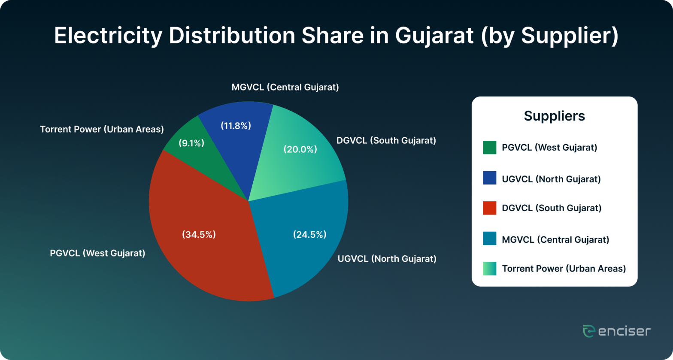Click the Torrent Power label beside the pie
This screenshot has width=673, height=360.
[102, 129]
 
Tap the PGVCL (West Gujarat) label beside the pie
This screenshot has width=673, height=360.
[97, 253]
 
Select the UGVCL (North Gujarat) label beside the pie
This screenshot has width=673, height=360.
[387, 259]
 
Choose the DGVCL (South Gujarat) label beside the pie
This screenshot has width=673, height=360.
[386, 140]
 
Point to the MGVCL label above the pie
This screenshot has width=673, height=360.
[285, 88]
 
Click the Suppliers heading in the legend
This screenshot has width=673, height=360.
[554, 116]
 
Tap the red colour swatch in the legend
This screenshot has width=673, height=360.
[489, 208]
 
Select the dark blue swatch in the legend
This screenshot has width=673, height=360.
[489, 178]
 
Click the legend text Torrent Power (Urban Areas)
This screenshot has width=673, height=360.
[564, 269]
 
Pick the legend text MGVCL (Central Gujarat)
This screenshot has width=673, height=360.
[555, 239]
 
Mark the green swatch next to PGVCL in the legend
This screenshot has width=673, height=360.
[489, 148]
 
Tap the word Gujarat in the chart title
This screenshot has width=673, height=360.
[434, 36]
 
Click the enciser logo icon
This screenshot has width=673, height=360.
[588, 331]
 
